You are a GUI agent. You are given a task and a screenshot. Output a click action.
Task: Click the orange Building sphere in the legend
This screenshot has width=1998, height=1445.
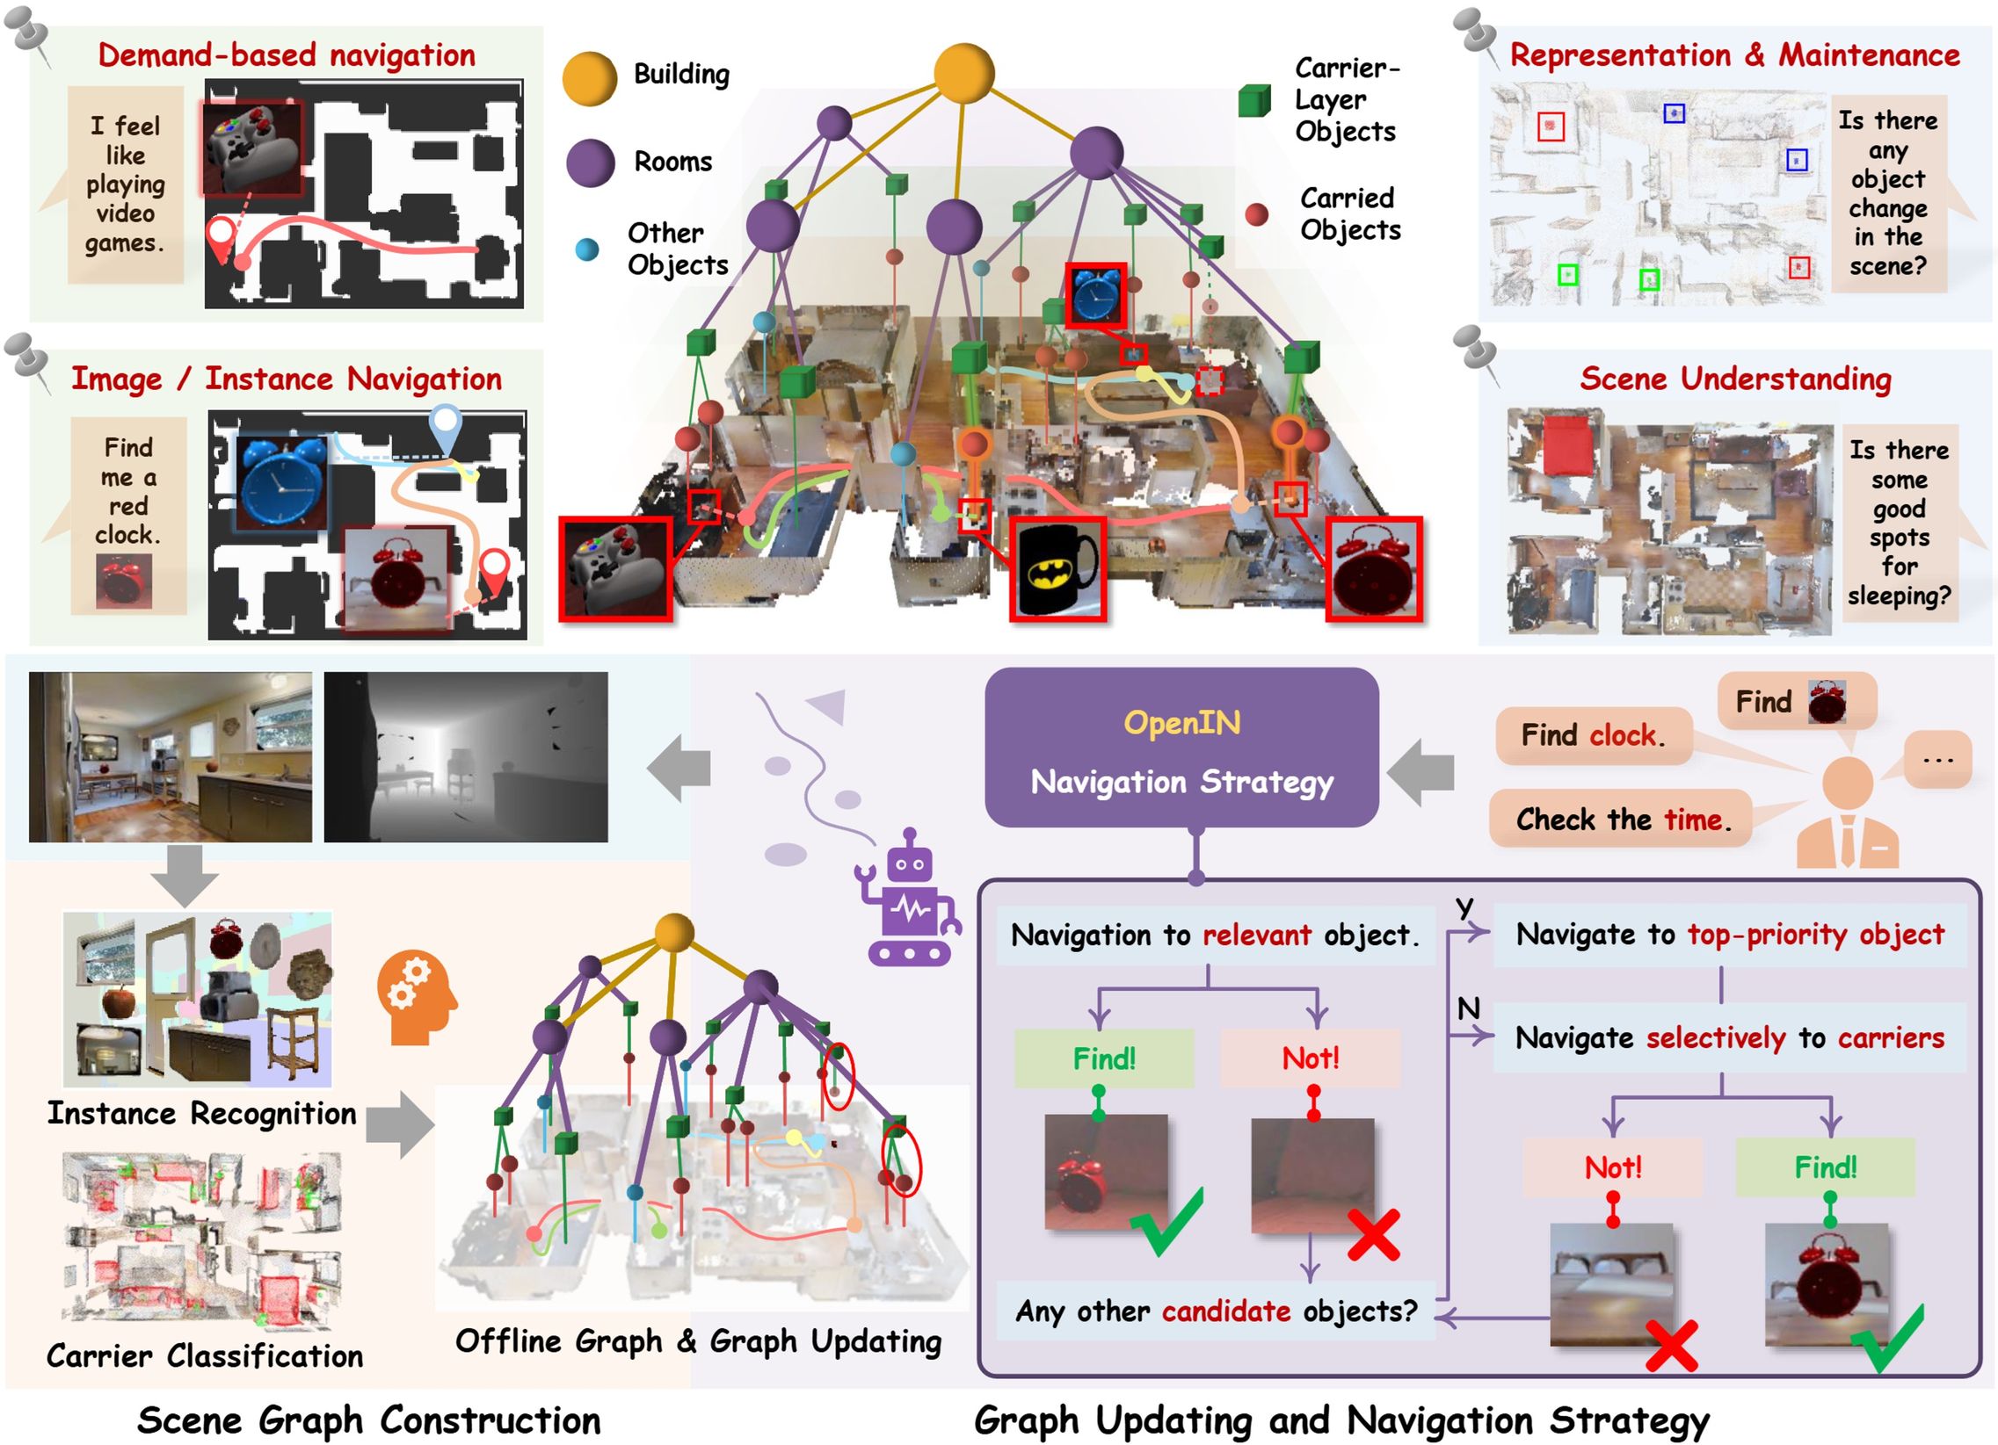[588, 79]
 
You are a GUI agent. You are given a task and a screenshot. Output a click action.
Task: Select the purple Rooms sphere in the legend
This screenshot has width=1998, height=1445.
[589, 163]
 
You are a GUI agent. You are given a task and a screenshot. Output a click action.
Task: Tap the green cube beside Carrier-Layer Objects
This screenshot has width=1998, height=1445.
[1253, 101]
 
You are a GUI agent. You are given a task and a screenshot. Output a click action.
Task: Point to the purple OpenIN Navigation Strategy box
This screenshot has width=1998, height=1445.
[1181, 748]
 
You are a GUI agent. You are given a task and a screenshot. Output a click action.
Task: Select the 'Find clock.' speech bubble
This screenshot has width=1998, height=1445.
[1593, 735]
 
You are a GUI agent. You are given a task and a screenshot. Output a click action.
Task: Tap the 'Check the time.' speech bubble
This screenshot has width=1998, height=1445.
[1620, 819]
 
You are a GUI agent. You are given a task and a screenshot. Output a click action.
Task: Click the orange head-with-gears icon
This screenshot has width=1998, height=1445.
[416, 997]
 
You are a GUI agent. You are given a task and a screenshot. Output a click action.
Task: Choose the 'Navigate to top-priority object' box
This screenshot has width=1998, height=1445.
[1728, 936]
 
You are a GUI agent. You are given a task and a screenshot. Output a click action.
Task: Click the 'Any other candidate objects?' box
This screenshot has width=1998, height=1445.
[1216, 1311]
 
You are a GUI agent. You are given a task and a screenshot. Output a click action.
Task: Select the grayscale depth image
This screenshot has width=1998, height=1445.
[465, 757]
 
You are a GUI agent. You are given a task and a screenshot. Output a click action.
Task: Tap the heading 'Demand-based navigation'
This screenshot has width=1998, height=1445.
[287, 55]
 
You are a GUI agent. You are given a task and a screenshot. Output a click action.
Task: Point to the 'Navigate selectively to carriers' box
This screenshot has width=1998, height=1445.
[1728, 1038]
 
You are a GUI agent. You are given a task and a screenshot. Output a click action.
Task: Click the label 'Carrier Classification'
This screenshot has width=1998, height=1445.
[205, 1356]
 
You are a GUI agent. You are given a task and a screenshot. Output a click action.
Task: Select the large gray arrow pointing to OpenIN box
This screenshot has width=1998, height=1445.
[1420, 772]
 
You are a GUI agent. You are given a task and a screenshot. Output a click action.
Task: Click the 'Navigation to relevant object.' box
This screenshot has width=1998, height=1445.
[1215, 936]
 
